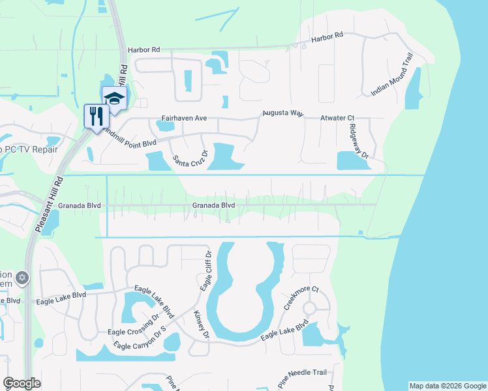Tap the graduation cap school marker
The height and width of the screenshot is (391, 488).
coord(114,98)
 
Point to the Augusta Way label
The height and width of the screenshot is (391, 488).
coord(282,113)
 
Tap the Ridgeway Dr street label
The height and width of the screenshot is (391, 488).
coord(359,141)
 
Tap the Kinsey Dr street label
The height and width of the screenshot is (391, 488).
coord(201,323)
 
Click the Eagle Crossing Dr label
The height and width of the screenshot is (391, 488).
coord(133,324)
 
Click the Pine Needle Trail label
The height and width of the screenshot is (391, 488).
coord(301,373)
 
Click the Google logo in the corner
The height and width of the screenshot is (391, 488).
coord(21,383)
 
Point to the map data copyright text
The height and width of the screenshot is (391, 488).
coord(447,386)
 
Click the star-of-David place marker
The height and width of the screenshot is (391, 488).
coord(22,278)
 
